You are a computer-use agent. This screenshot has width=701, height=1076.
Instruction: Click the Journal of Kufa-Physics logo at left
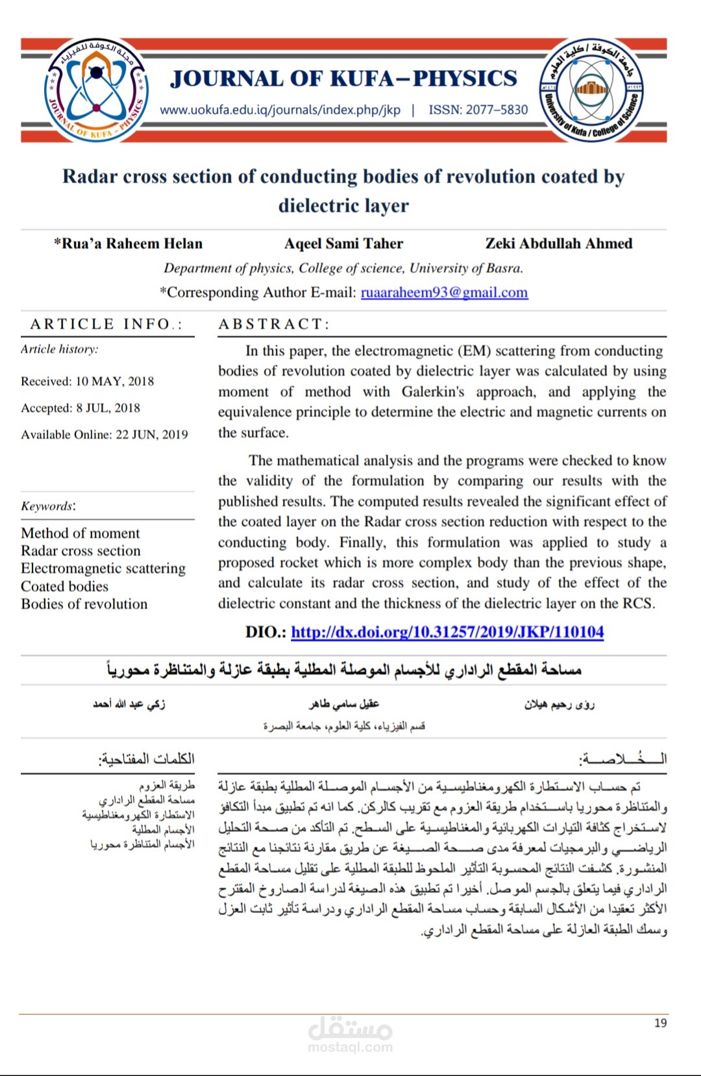[x=96, y=90]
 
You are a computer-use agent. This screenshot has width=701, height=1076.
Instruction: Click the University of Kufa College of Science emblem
[x=590, y=90]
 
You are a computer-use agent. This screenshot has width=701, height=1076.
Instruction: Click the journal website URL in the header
[x=280, y=110]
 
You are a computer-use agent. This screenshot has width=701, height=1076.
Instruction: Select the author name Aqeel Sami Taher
[x=343, y=243]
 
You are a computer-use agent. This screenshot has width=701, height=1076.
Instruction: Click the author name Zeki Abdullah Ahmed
[x=558, y=243]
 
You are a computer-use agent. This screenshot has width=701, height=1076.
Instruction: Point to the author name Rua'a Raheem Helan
[x=129, y=243]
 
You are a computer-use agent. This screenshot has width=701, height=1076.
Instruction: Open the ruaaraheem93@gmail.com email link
[x=444, y=292]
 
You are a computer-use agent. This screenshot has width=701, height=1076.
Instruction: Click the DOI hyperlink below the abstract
[x=447, y=631]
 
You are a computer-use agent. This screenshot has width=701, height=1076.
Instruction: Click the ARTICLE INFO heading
[x=106, y=324]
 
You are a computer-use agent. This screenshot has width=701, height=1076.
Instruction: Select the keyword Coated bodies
[x=64, y=586]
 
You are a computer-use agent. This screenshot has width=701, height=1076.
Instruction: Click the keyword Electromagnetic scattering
[x=103, y=569]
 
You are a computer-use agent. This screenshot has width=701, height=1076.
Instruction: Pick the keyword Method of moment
[x=80, y=533]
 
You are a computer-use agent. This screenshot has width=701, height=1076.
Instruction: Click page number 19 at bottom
[x=660, y=1023]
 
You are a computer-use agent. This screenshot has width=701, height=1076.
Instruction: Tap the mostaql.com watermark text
[x=350, y=1047]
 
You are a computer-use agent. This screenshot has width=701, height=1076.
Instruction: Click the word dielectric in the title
[x=314, y=206]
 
